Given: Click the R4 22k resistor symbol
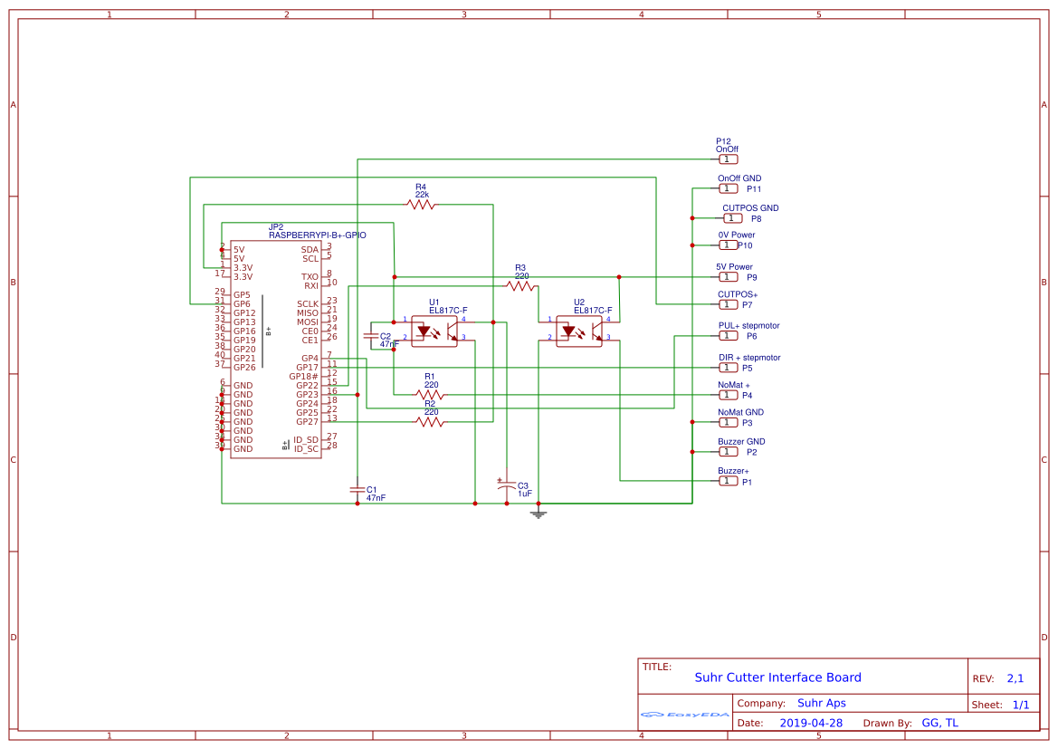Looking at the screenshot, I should [x=421, y=206].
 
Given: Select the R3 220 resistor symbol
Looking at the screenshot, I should [x=520, y=286].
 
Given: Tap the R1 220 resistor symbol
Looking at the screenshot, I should [x=431, y=394].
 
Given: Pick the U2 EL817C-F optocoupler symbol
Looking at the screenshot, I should [x=579, y=330].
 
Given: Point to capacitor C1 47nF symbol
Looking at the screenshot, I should [x=357, y=489].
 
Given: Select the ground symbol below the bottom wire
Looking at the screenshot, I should [x=539, y=514].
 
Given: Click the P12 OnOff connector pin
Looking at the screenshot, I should [x=729, y=159].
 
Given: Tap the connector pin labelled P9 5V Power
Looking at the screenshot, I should [x=729, y=277].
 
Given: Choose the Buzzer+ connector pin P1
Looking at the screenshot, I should [x=729, y=481].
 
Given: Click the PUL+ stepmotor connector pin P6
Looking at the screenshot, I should [x=729, y=336].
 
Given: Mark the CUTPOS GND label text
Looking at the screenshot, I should [x=750, y=208].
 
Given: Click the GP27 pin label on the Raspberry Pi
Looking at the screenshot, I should [x=307, y=421].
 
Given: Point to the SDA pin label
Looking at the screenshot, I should [x=310, y=249].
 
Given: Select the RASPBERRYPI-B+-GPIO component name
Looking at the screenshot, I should [x=317, y=235].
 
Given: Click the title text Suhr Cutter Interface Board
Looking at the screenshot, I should [x=777, y=677].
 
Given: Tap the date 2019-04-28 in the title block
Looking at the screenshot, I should [x=811, y=723].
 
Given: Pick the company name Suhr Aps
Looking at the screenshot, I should [x=821, y=703].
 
